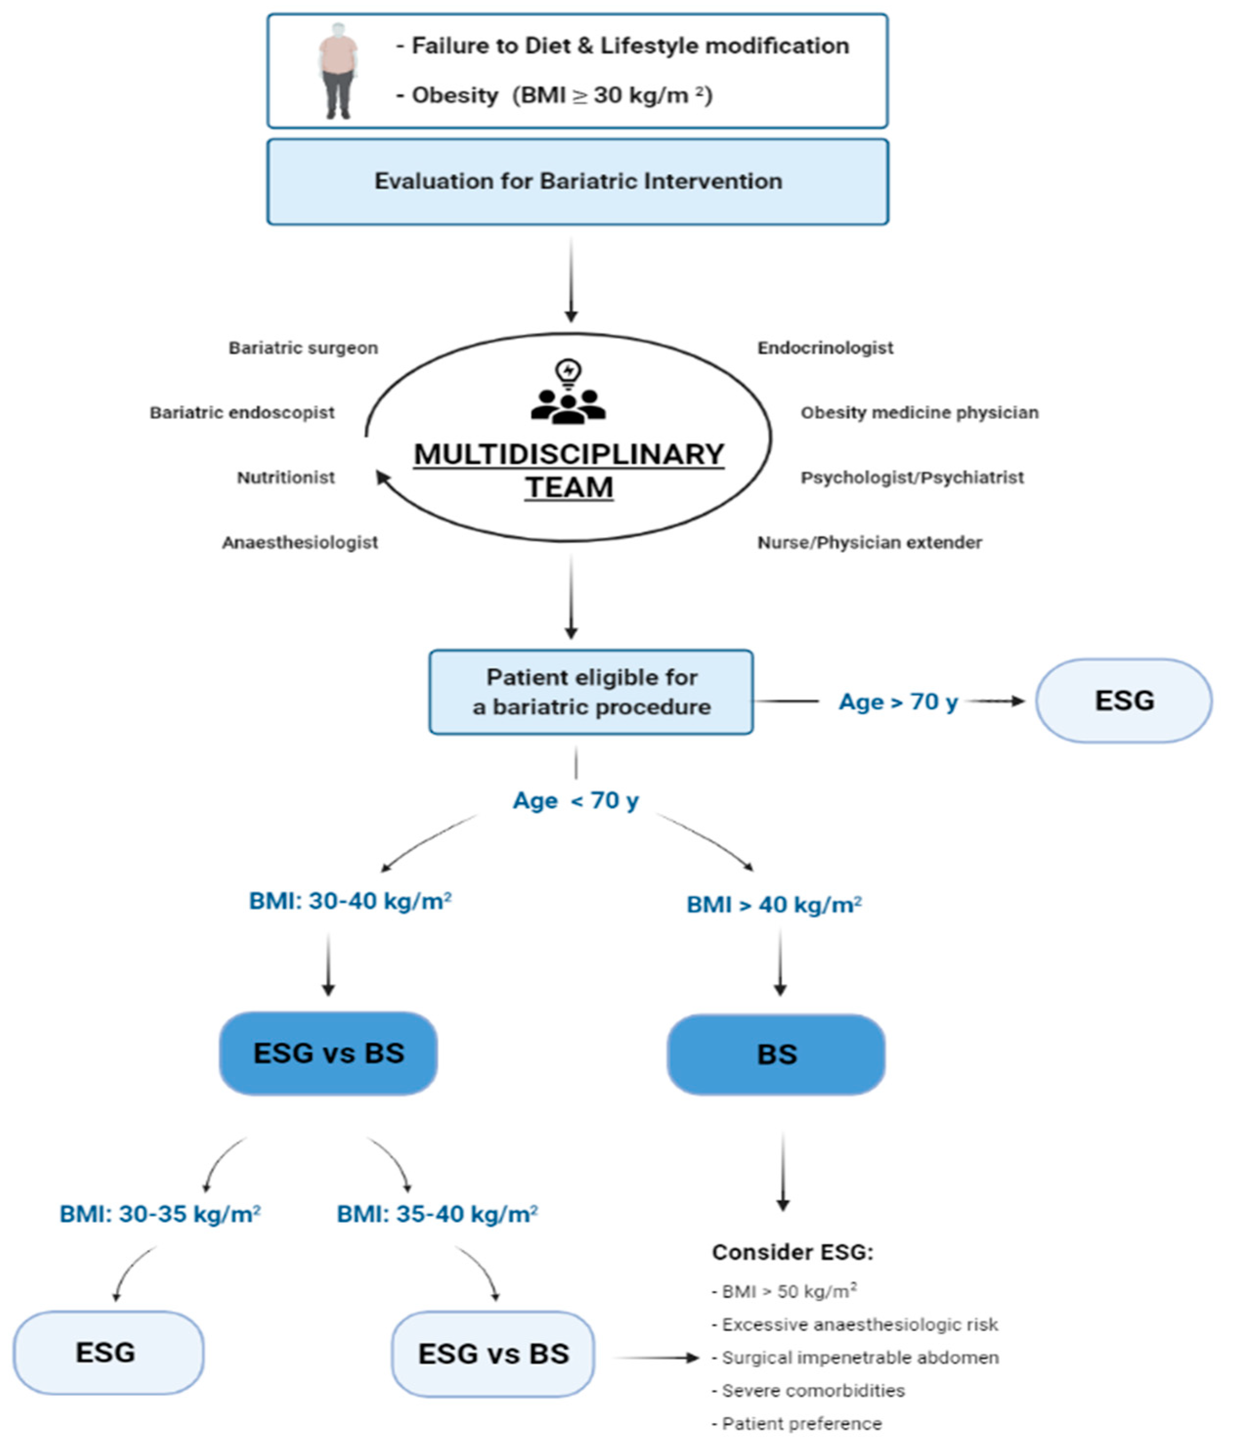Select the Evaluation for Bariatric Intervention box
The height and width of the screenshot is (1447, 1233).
point(577,182)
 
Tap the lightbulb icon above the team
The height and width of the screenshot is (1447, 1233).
point(568,373)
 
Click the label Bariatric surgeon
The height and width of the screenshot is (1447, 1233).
point(303,348)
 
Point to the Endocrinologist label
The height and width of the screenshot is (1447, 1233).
point(825,348)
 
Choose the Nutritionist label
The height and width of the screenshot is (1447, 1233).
point(286,478)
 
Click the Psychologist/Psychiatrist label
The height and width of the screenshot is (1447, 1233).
point(911,478)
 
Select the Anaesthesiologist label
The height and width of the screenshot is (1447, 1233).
point(300,543)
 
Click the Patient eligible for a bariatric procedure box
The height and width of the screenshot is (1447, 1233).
point(591,692)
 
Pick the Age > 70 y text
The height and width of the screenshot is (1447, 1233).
point(898,702)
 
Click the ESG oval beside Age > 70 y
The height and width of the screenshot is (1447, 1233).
point(1124,701)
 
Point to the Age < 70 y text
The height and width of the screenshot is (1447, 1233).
point(576,800)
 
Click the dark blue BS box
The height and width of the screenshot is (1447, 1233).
point(776,1055)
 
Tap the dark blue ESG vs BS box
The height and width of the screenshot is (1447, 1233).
point(328,1053)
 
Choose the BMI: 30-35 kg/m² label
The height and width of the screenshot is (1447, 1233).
point(160,1214)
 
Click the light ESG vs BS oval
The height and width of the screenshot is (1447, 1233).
point(493,1353)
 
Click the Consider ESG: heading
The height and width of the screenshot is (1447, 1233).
point(792,1252)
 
